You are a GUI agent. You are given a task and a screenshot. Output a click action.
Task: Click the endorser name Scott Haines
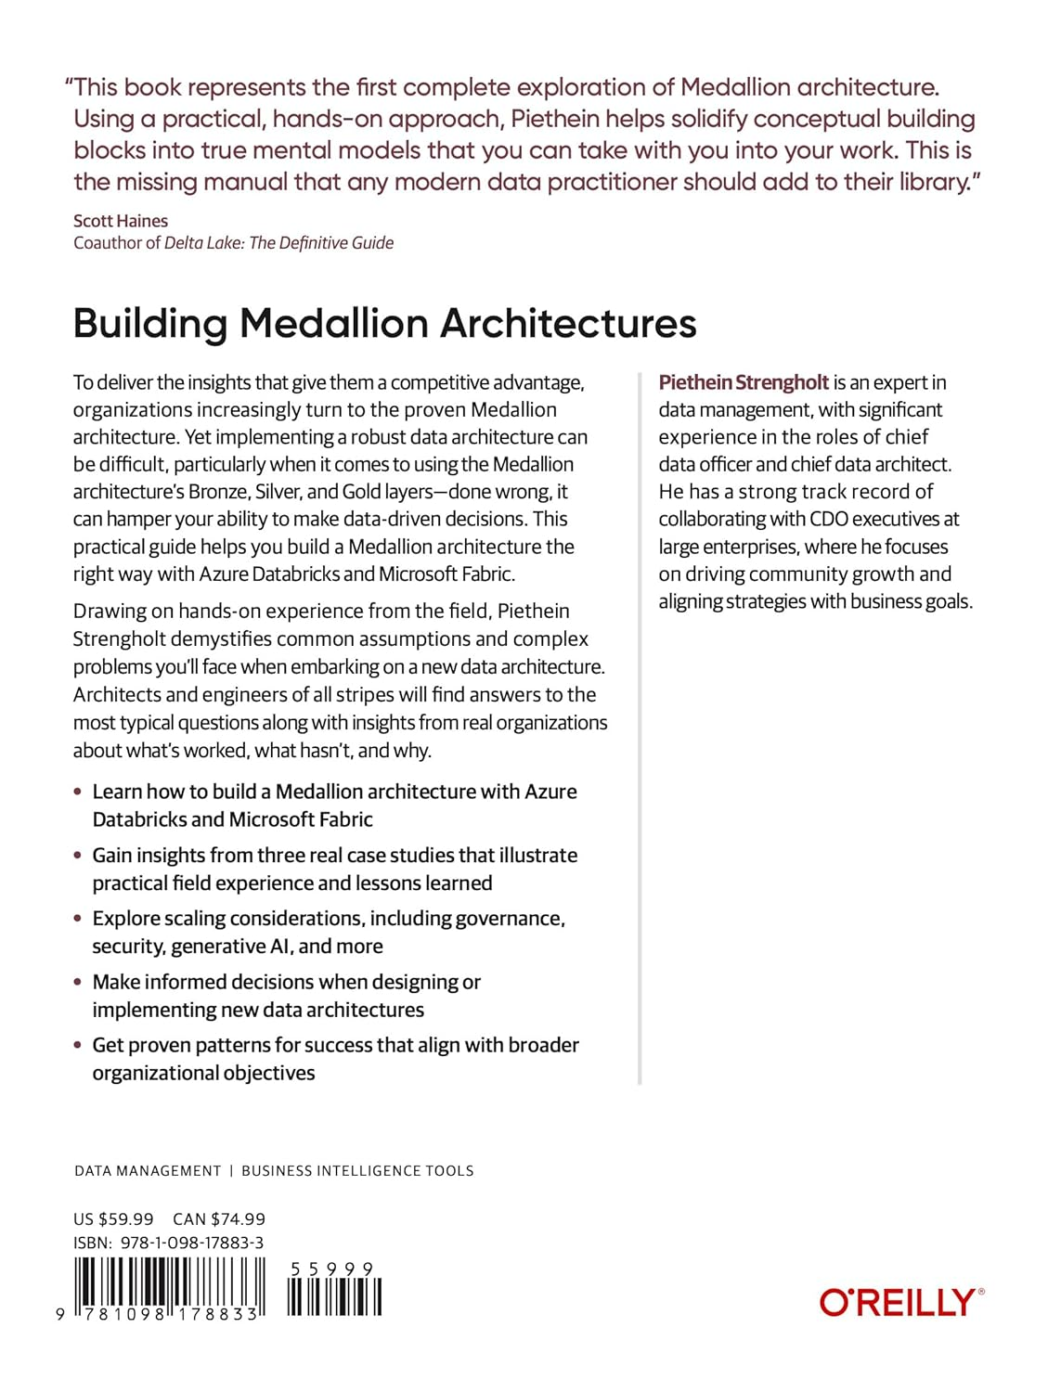[x=121, y=221]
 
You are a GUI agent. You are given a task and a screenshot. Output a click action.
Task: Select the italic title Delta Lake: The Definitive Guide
[x=278, y=243]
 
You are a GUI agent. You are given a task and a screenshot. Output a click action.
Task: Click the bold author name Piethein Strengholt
[x=744, y=382]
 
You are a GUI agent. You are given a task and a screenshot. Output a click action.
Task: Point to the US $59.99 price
[x=113, y=1219]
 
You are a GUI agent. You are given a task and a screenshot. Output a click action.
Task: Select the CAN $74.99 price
[x=219, y=1219]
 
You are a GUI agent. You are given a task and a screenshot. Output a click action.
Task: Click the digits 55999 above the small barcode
[x=331, y=1269]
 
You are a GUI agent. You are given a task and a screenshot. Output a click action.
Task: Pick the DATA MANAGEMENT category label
[x=148, y=1171]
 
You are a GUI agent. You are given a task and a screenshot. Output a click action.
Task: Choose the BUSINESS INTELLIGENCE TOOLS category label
[x=357, y=1171]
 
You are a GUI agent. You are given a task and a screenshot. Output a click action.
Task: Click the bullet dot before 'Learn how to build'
[x=78, y=793]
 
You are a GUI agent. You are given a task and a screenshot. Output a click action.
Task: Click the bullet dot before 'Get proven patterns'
[x=78, y=1046]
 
